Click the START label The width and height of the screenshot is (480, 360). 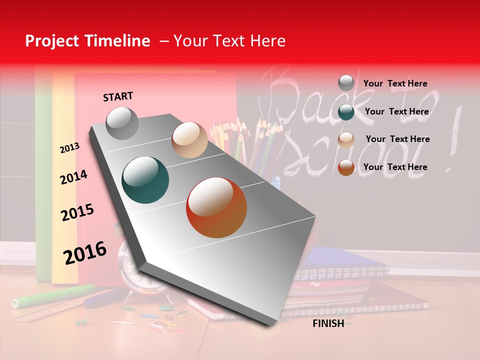tap(118, 96)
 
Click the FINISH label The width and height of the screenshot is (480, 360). tap(328, 323)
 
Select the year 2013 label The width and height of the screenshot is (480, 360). tap(69, 147)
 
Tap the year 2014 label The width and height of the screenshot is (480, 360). tap(73, 177)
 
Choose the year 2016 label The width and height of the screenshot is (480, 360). tap(85, 253)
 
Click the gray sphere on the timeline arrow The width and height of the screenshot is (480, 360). tap(122, 123)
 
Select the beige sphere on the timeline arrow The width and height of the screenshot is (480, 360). tap(189, 140)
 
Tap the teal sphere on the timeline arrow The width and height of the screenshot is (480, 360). tap(145, 180)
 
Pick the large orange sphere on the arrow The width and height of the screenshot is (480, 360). tap(216, 207)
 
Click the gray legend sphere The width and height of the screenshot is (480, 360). tap(346, 83)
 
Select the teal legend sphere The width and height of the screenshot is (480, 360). tap(346, 112)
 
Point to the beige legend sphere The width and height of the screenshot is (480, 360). tap(346, 140)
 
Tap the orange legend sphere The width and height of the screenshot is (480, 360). tap(346, 167)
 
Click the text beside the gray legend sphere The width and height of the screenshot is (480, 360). tap(395, 83)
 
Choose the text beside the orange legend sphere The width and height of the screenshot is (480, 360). tap(395, 167)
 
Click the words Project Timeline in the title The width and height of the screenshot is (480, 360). tap(87, 41)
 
